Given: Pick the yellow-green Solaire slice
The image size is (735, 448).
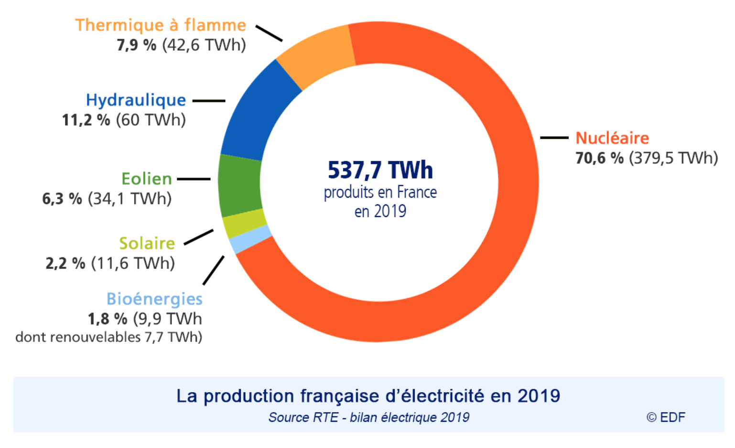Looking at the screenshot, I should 244,223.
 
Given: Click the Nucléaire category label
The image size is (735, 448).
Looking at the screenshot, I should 612,138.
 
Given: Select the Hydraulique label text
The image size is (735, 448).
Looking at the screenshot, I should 136,100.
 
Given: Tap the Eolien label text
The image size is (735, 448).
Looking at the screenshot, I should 146,179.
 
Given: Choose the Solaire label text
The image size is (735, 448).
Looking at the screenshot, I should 147,243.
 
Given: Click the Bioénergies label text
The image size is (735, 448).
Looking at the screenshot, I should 154,299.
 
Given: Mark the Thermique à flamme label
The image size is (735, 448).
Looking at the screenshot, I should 161,25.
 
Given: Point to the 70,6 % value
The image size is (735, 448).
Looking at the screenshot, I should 599,158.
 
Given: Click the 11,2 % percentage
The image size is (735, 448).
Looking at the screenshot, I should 86,120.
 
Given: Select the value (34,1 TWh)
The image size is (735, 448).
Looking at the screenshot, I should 130,199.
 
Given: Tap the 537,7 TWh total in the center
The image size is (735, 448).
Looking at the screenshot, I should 380,170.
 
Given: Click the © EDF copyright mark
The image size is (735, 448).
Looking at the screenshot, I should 666,417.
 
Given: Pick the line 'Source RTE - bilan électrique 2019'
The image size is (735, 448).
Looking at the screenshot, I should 368,417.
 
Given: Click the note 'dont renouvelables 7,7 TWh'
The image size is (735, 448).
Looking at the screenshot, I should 109,337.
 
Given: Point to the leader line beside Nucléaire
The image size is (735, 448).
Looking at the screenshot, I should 554,138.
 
